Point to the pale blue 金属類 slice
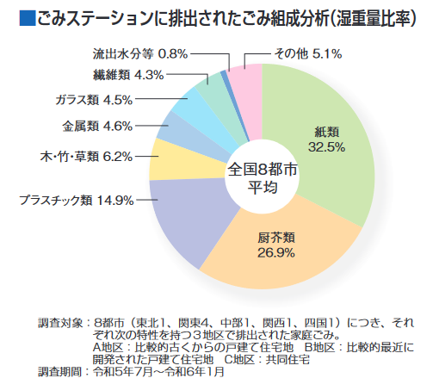click(x=178, y=129)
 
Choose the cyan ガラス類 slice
click(x=195, y=104)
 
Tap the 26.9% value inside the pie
click(x=276, y=252)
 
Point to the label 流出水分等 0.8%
click(x=139, y=53)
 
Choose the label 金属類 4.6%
click(x=97, y=126)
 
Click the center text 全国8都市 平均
click(x=262, y=178)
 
